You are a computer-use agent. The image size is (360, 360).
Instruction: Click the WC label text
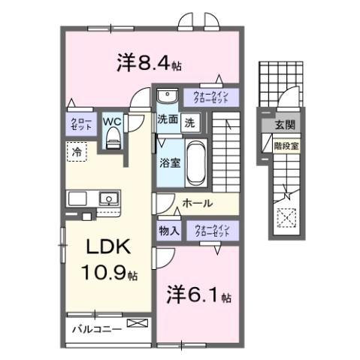coord(111,120)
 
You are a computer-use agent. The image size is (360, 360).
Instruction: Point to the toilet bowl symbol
coord(113,136)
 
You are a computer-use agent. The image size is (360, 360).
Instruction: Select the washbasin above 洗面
coord(166,96)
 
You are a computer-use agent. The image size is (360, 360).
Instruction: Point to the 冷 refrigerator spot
coord(77,151)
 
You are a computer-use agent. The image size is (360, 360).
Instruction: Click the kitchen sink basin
coord(110,200)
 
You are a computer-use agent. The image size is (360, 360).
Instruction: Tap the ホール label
coord(197,203)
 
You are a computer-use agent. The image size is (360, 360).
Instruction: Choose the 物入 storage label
coord(168,231)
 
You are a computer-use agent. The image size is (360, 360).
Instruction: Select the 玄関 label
coord(284,125)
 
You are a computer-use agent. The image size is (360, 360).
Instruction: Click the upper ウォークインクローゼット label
coord(208,96)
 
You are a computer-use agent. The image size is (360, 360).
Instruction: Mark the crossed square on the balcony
coord(138,325)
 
